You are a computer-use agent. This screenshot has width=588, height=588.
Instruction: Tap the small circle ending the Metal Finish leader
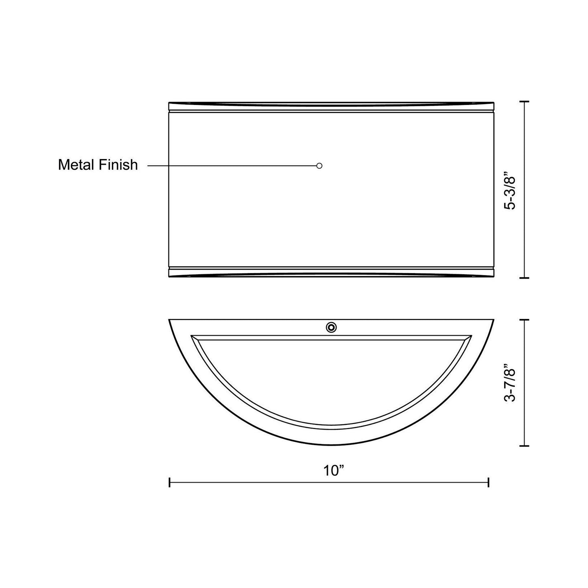coord(319,166)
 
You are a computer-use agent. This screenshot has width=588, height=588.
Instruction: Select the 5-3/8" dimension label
coord(509,192)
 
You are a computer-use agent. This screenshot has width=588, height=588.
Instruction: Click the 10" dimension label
coord(334,471)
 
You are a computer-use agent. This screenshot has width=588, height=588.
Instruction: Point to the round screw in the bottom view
coord(331,327)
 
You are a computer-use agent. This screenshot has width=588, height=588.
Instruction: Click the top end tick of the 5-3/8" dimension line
coord(525,101)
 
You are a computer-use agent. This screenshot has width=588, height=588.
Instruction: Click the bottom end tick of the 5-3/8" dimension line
coord(525,278)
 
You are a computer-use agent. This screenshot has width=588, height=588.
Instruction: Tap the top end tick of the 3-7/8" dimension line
coord(525,320)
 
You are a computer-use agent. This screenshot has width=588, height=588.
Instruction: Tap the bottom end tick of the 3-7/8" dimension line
coord(525,446)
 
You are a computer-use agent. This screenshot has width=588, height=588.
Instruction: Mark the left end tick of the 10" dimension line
coord(170,483)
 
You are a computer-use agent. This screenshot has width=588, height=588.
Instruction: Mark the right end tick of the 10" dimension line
coord(488,483)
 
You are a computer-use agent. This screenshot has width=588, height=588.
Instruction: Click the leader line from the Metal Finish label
coord(232,166)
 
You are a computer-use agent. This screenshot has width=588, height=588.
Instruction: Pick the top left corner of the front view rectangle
coord(169,103)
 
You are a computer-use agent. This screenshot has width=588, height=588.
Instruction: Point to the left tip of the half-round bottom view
coord(170,320)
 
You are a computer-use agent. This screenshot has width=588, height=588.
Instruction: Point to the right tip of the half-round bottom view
coord(494,320)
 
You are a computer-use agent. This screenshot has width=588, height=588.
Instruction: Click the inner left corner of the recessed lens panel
coord(192,337)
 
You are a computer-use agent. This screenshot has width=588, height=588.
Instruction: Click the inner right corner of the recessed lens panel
coord(471,337)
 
